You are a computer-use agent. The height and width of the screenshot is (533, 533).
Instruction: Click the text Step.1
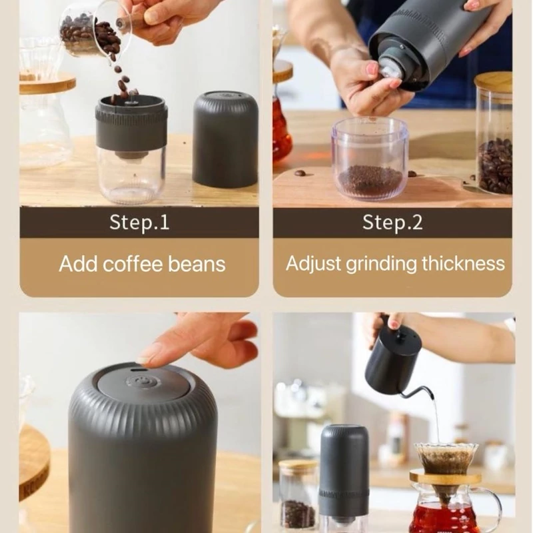pos(139,223)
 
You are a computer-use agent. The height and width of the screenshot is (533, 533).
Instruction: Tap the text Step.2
pos(392,223)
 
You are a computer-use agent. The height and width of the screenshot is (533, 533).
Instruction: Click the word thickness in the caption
pos(463,263)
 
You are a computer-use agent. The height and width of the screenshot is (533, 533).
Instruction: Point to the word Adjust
pos(313,264)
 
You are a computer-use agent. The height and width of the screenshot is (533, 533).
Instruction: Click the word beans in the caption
pos(197,264)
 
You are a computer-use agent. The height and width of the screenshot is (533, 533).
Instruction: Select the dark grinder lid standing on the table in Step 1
pos(225,139)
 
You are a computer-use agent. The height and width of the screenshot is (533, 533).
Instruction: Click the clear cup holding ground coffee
pos(370,158)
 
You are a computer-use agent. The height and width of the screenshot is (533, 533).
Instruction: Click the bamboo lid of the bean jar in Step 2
pos(493,83)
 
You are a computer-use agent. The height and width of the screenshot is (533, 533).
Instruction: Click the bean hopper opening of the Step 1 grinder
pos(131,101)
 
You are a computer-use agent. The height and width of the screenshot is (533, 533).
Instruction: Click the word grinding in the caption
pos(381,264)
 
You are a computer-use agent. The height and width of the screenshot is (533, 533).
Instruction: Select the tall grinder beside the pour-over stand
pos(344,476)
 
